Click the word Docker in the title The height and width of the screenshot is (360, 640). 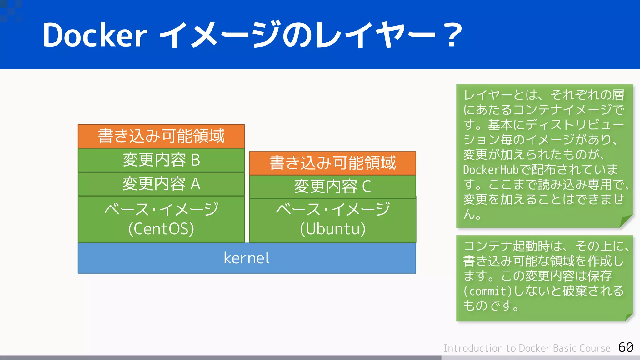tap(95, 35)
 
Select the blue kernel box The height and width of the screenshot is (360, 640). tap(247, 258)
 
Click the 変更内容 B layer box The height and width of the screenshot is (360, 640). tap(161, 160)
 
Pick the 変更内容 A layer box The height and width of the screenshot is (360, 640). tap(161, 184)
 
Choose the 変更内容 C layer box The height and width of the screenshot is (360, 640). tap(332, 187)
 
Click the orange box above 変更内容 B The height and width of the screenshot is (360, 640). tap(161, 136)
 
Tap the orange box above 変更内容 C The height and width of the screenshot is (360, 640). tap(332, 163)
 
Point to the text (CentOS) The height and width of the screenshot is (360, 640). tap(161, 229)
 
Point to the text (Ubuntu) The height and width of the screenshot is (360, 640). tap(332, 229)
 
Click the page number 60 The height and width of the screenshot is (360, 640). tap(626, 347)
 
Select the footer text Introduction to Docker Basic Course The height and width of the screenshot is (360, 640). tap(527, 348)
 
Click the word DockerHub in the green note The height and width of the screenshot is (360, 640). tap(491, 170)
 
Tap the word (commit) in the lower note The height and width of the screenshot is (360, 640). tap(487, 291)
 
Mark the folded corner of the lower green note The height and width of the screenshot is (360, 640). tap(628, 317)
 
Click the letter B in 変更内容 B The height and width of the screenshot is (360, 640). tap(195, 160)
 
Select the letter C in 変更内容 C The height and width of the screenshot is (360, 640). tap(367, 187)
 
